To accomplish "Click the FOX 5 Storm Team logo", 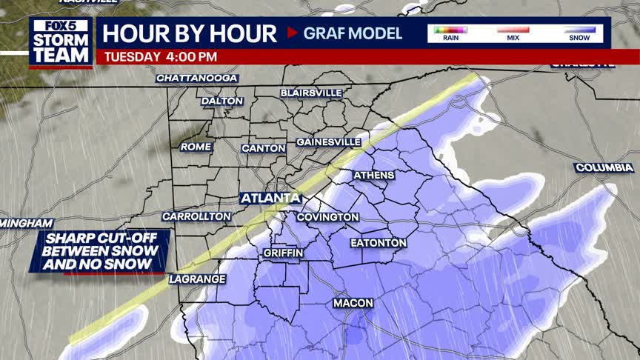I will pos(61,41).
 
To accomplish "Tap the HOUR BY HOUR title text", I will pos(189,33).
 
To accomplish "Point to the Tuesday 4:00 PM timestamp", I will pos(161,56).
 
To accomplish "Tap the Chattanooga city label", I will pos(197,78).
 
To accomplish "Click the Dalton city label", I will pos(222,101).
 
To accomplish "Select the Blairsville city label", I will pos(311,93).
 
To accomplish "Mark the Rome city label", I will pos(196,147).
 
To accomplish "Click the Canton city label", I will pos(264,148).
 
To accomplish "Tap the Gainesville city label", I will pos(328,141).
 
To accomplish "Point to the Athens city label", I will pos(374,176).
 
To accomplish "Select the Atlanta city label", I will pos(270,199).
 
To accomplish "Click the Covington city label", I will pos(327,217).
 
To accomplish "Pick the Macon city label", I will pos(353,303).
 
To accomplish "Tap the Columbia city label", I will pos(604,168).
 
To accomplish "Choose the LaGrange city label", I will pos(196,279).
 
